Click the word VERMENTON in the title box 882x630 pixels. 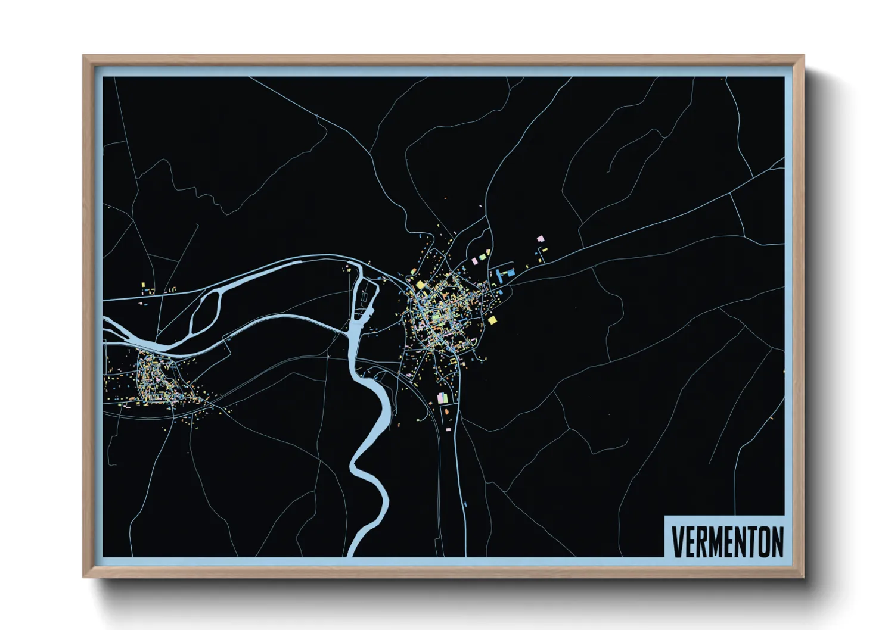[x=727, y=541]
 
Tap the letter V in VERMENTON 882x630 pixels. [x=677, y=541]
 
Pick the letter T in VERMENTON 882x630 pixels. [x=753, y=541]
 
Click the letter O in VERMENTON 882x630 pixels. [x=765, y=541]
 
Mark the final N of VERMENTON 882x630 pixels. [x=778, y=541]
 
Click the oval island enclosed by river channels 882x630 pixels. [x=206, y=310]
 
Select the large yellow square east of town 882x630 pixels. [x=492, y=320]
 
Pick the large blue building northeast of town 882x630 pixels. [x=510, y=272]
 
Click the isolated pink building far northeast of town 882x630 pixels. [x=541, y=238]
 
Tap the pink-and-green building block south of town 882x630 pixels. [x=442, y=398]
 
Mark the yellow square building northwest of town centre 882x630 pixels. [x=420, y=285]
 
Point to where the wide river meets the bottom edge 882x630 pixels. [x=354, y=554]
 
